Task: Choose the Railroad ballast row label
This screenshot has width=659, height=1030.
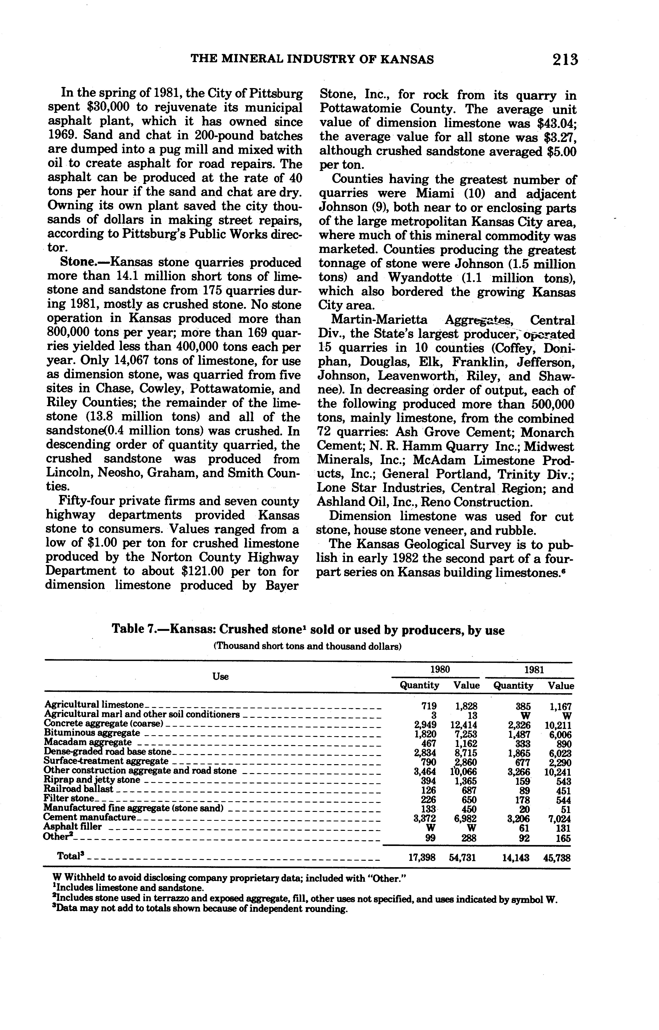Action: click(79, 789)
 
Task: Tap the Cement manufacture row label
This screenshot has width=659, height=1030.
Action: click(90, 817)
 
